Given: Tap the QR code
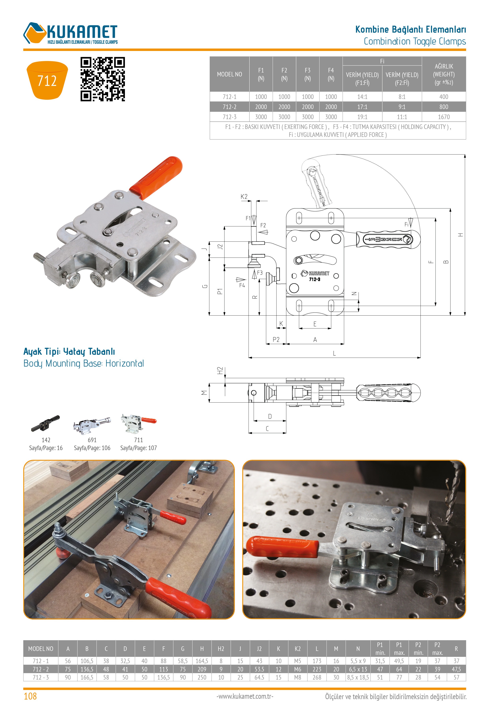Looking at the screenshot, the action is [103, 79].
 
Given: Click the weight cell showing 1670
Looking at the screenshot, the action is [444, 117].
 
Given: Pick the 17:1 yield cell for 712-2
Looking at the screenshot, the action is [362, 107].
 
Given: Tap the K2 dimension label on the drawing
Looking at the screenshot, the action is [244, 197].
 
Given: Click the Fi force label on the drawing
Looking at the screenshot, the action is [406, 224].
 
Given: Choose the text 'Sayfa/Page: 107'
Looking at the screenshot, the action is [139, 448].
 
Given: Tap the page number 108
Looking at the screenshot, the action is [30, 696].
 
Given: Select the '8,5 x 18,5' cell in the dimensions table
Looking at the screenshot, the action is [358, 677].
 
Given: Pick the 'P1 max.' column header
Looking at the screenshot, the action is [399, 649].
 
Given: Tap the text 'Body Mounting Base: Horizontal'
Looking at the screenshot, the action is [83, 363].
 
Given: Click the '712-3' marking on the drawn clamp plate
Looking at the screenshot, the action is [315, 279].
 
